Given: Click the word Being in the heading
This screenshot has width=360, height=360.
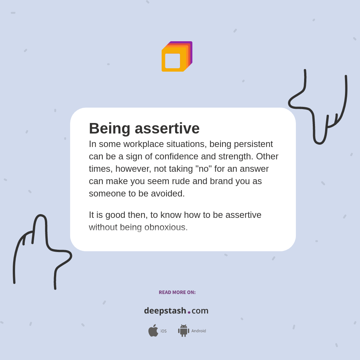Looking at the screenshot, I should (109, 129).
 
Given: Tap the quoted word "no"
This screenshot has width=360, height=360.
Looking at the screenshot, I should (204, 169).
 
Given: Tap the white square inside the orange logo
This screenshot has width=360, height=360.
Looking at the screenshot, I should (172, 61).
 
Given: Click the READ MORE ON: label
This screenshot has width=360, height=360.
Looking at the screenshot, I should (177, 292).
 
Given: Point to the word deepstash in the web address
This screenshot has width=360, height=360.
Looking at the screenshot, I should (165, 311).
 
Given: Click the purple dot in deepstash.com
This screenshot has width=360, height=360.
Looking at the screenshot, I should (189, 312).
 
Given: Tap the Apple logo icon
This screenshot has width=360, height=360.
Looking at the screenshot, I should (153, 331).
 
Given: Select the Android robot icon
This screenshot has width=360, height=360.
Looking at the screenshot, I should (183, 331).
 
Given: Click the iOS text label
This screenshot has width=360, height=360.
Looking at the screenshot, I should (163, 331).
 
